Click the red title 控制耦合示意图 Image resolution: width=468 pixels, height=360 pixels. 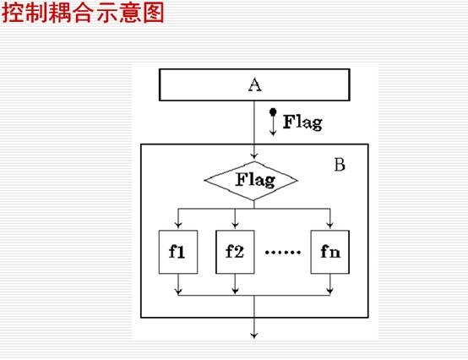point(83,13)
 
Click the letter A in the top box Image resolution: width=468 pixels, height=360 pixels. point(254,85)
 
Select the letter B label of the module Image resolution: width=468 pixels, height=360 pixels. point(340,165)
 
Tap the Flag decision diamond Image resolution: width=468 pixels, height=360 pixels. point(251,181)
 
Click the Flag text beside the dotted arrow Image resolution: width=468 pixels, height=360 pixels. point(302,122)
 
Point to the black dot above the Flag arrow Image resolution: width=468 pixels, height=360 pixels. point(273,112)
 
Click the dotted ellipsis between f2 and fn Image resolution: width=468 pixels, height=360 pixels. point(283,252)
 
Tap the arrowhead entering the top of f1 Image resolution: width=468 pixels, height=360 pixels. point(178,226)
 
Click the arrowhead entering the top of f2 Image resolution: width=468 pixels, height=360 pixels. point(235,226)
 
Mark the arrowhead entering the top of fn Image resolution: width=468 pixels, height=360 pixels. point(329,226)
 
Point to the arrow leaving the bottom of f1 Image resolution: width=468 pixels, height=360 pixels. point(178,285)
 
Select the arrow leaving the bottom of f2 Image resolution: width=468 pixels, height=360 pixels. point(235,285)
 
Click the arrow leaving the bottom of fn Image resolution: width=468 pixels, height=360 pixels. point(329,285)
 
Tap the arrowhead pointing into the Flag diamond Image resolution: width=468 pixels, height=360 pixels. point(254,155)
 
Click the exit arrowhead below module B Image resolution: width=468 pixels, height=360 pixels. point(254,335)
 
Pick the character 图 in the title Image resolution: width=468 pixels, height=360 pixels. point(154,13)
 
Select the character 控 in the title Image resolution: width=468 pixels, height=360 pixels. point(13,13)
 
